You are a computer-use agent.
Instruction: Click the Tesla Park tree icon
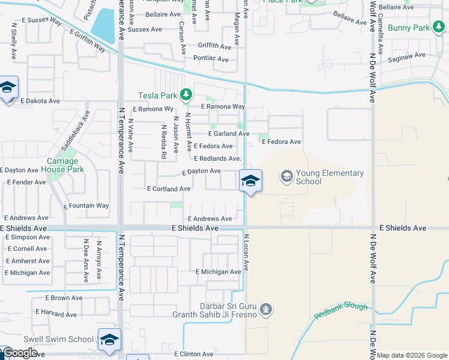click(186, 95)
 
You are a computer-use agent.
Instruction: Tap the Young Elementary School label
click(330, 177)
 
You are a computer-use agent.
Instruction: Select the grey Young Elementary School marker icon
click(286, 176)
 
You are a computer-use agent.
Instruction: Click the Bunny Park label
click(409, 28)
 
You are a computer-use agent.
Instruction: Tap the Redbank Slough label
click(340, 310)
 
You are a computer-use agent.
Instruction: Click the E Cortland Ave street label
click(169, 188)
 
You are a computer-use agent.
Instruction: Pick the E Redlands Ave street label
click(217, 158)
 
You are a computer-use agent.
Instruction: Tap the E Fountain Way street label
click(86, 206)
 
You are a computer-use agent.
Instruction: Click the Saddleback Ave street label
click(74, 130)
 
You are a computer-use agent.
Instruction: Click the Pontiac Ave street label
click(211, 59)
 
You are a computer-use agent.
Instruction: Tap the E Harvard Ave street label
click(56, 313)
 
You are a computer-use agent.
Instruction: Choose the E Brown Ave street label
click(64, 298)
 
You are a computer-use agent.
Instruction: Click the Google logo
click(20, 353)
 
